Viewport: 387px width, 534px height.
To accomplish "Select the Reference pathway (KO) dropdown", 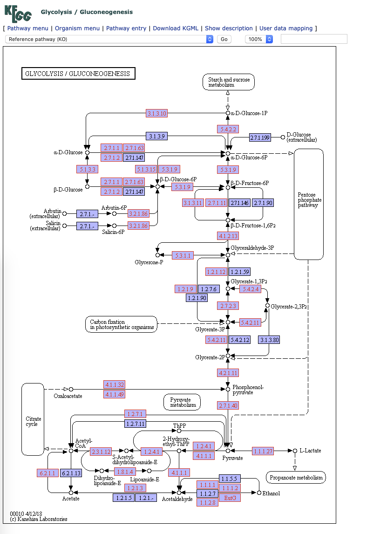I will [109, 39].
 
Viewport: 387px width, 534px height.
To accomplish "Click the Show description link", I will [229, 28].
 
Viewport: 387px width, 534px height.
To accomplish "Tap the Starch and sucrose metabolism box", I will [228, 82].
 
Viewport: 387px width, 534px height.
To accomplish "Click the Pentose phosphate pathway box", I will [308, 204].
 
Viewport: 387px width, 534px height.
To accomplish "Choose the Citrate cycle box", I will [33, 419].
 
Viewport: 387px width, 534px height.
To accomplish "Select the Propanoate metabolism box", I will [296, 477].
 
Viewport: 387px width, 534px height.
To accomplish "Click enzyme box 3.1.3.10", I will [156, 113].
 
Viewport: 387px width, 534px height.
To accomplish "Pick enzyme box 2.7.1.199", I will [260, 137].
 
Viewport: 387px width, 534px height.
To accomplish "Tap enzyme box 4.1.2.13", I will [228, 236].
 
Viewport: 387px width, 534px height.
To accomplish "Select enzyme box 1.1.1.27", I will [263, 451].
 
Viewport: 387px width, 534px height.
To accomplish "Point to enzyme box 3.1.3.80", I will [270, 340].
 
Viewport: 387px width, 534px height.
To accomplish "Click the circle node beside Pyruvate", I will [228, 451].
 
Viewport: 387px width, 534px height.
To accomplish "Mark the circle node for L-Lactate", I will [294, 451].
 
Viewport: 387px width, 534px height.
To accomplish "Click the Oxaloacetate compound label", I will [68, 396].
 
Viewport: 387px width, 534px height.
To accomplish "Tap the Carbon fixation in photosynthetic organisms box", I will [121, 324].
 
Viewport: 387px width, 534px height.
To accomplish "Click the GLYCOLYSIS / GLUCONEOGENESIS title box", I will [78, 74].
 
